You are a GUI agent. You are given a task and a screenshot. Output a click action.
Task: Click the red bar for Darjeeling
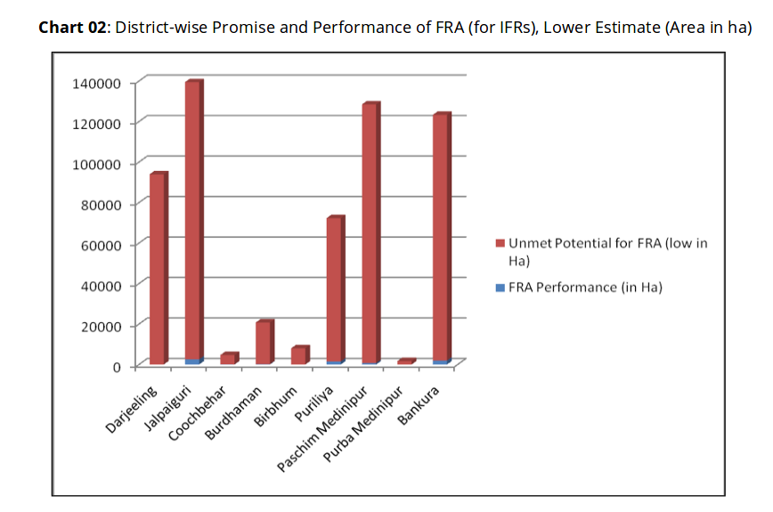click(158, 267)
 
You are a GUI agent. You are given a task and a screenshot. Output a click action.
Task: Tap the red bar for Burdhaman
click(264, 343)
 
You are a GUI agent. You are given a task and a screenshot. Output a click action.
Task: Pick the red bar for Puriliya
click(335, 289)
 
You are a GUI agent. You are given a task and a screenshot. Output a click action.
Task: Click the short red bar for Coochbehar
click(228, 359)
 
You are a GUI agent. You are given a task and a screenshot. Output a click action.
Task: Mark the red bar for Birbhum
click(299, 355)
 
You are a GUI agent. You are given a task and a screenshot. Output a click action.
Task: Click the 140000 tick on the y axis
click(96, 83)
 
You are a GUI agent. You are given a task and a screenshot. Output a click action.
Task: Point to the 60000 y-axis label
click(101, 245)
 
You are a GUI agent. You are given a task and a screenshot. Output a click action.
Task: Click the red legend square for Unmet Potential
click(500, 243)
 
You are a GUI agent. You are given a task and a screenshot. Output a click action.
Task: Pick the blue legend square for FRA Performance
click(500, 287)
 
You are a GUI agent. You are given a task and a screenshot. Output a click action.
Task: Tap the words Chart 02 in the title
click(71, 27)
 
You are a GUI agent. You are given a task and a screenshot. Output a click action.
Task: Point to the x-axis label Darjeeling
click(132, 409)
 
